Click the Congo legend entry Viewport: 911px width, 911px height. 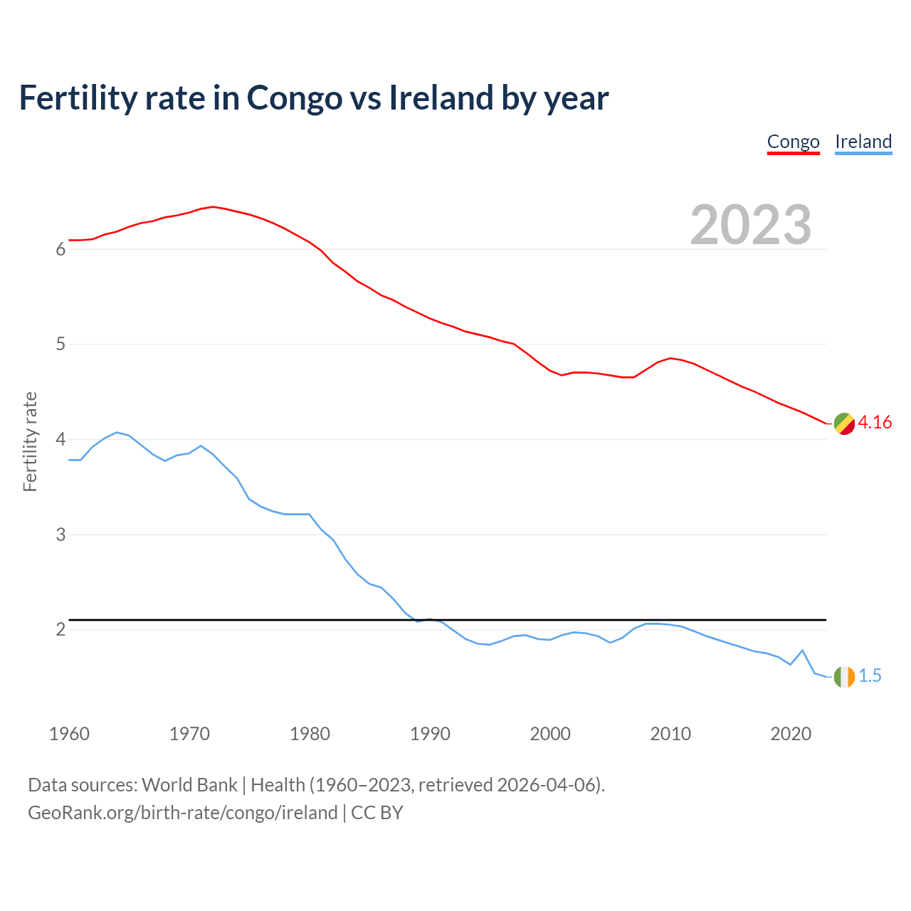pyautogui.click(x=793, y=142)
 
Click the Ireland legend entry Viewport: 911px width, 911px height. pyautogui.click(x=863, y=142)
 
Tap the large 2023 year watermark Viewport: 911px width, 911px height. pyautogui.click(x=751, y=225)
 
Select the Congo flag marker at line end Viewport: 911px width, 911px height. pyautogui.click(x=844, y=423)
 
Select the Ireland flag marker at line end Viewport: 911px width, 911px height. pyautogui.click(x=844, y=676)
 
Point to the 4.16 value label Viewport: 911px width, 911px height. pyautogui.click(x=875, y=423)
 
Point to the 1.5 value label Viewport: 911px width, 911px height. pyautogui.click(x=870, y=676)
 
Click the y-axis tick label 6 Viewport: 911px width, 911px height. pyautogui.click(x=60, y=250)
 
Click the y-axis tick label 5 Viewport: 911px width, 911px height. pyautogui.click(x=60, y=344)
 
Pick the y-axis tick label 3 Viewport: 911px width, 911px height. pyautogui.click(x=60, y=535)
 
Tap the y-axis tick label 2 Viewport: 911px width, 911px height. pyautogui.click(x=60, y=630)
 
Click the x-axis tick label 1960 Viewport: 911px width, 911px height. pyautogui.click(x=69, y=734)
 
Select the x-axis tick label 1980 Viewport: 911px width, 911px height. pyautogui.click(x=310, y=734)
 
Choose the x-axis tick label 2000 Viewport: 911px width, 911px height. pyautogui.click(x=550, y=734)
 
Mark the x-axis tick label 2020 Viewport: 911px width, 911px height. pyautogui.click(x=791, y=734)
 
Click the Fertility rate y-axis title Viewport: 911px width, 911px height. pyautogui.click(x=30, y=441)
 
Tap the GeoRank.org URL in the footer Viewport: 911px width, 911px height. pyautogui.click(x=182, y=813)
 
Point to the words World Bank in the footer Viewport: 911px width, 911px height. pyautogui.click(x=189, y=785)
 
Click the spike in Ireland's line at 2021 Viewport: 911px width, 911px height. pyautogui.click(x=802, y=651)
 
